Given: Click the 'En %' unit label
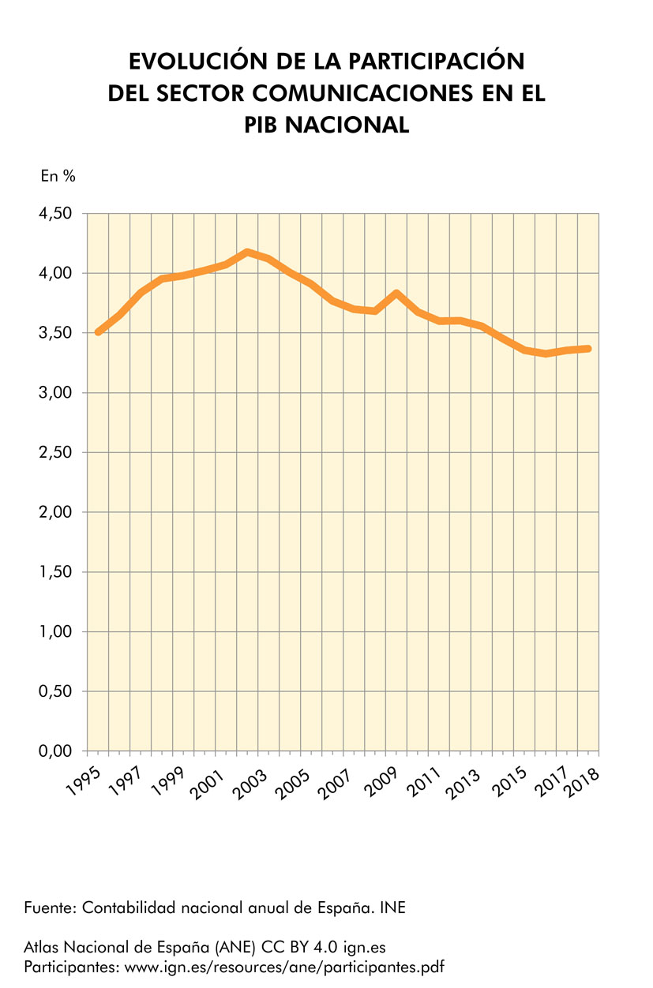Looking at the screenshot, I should coord(58,177).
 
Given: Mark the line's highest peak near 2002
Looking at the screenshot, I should coord(248,253).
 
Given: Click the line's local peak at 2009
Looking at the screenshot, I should coord(398,294).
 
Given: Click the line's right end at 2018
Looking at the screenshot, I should coord(587,349).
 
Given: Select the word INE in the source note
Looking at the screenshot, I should coord(392,908).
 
